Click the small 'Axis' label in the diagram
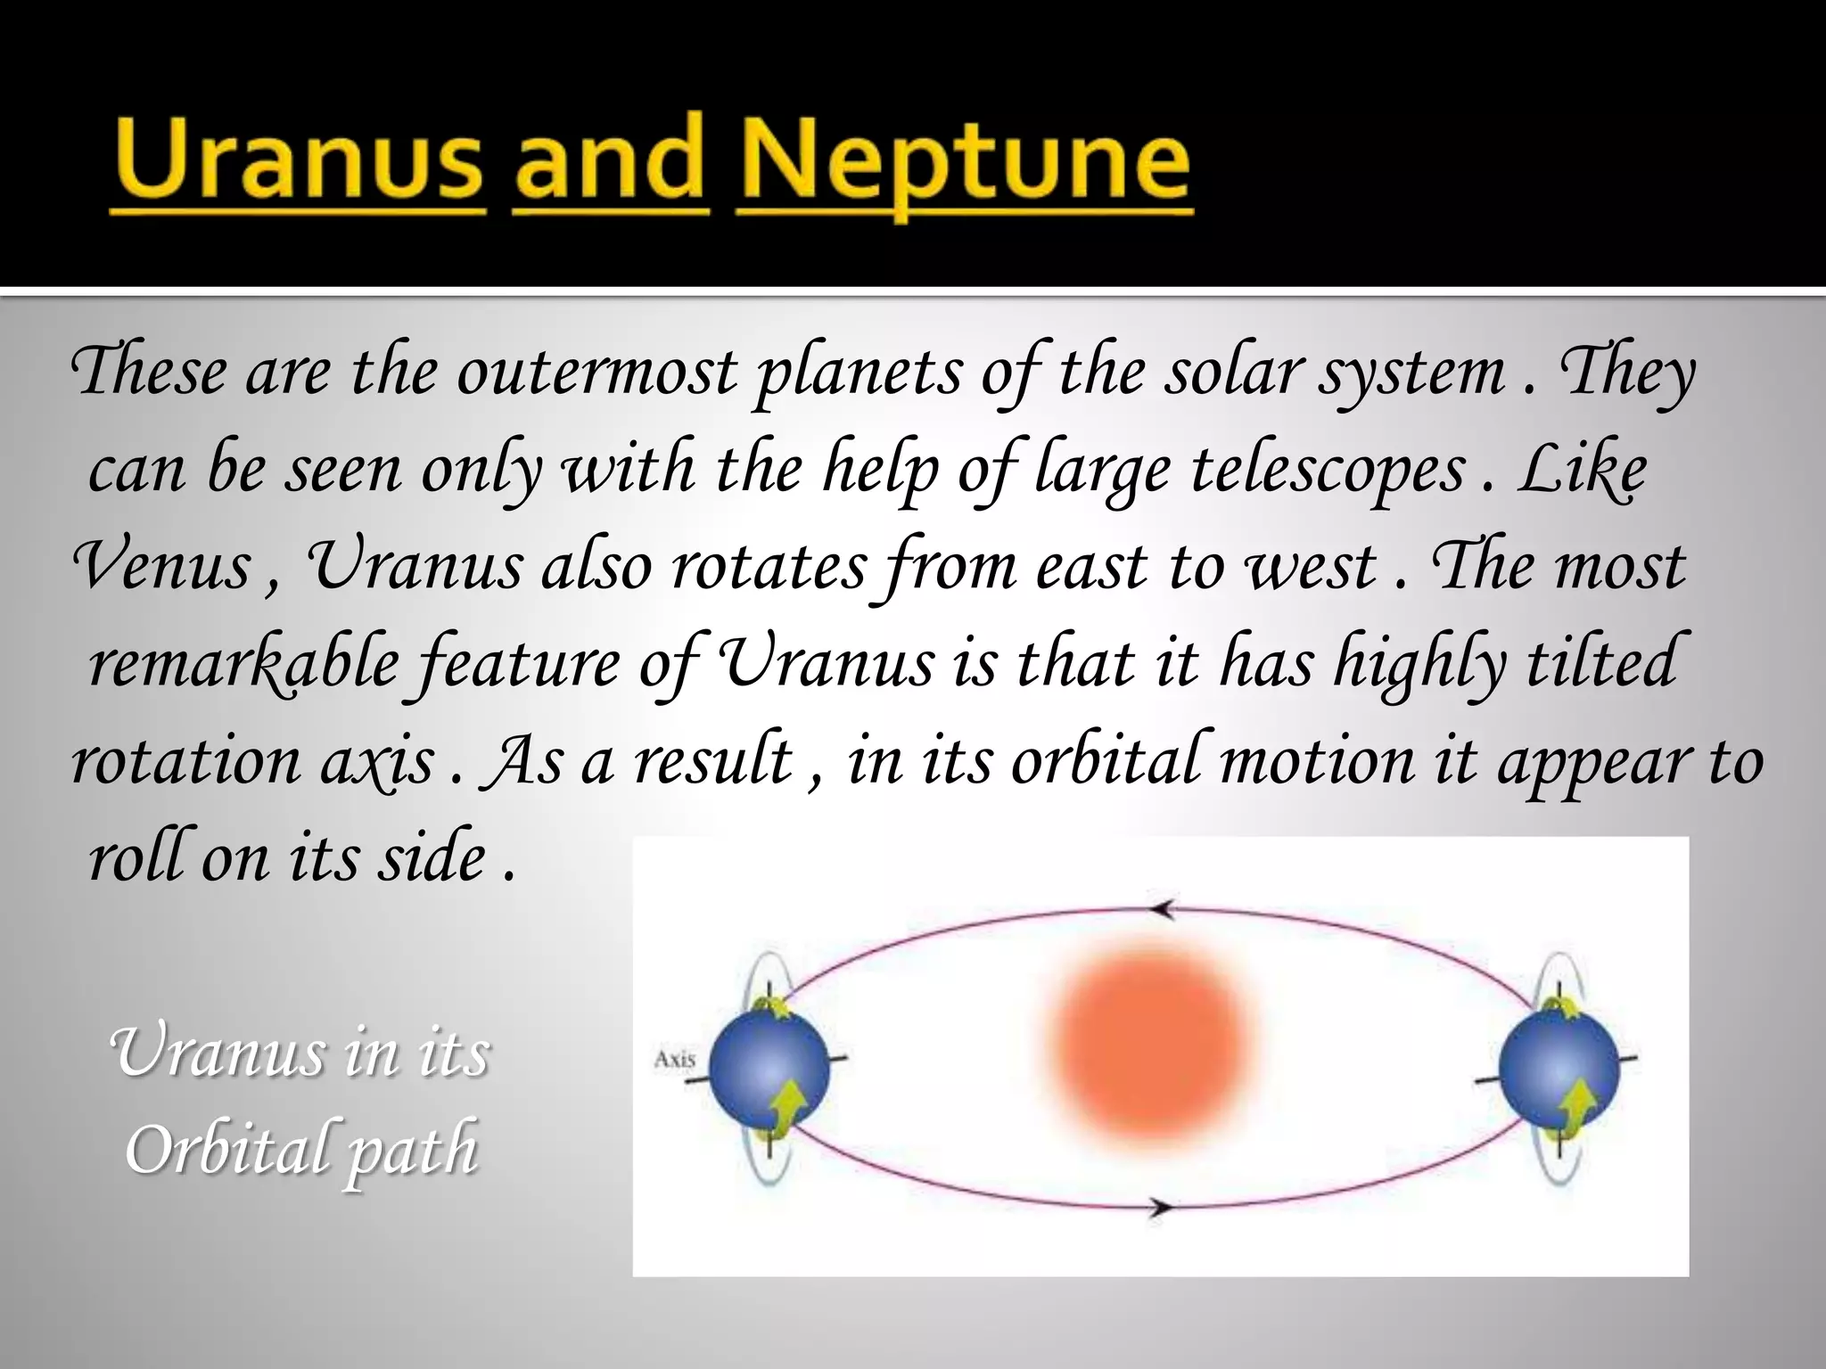click(674, 1059)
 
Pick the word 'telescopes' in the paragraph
click(1328, 471)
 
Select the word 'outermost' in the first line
click(597, 373)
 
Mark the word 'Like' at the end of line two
click(1582, 471)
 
